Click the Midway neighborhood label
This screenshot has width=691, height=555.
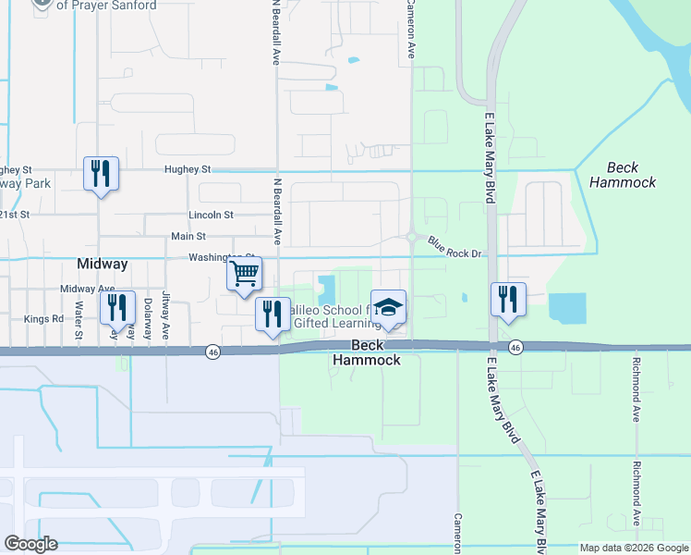pos(103,265)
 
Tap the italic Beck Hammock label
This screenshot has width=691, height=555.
pos(632,175)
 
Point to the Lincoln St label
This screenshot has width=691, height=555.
pos(211,215)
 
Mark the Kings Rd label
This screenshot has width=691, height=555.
pos(43,318)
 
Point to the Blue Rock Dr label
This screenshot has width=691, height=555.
pos(455,247)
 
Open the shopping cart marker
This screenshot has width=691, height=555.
pos(245,274)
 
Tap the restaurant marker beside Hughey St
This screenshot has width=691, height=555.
pos(101,173)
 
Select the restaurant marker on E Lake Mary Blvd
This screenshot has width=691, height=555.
pos(507,299)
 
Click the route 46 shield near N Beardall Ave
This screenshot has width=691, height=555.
pos(213,351)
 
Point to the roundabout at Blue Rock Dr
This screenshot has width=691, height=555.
pos(411,237)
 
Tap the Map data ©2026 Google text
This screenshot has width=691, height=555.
pos(633,548)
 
